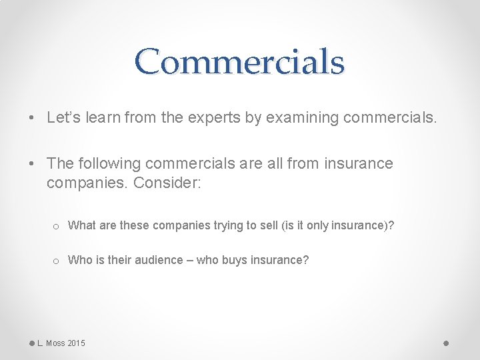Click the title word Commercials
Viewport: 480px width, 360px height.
[x=239, y=61]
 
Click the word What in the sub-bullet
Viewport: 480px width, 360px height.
[x=81, y=225]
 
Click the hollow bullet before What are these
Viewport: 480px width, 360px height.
[x=57, y=226]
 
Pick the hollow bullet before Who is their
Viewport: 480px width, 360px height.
[x=57, y=261]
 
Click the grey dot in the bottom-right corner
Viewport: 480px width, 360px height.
[x=446, y=343]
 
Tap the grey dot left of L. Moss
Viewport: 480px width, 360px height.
[x=31, y=343]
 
